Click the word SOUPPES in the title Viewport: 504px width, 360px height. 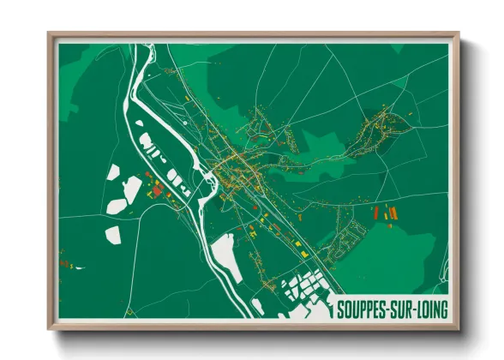[363, 307]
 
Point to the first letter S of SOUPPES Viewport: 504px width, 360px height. [341, 307]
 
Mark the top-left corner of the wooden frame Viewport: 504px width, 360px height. [48, 33]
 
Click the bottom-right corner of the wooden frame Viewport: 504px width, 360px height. [459, 329]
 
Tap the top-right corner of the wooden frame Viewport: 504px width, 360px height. [459, 33]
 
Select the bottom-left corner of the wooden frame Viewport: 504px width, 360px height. [48, 329]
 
